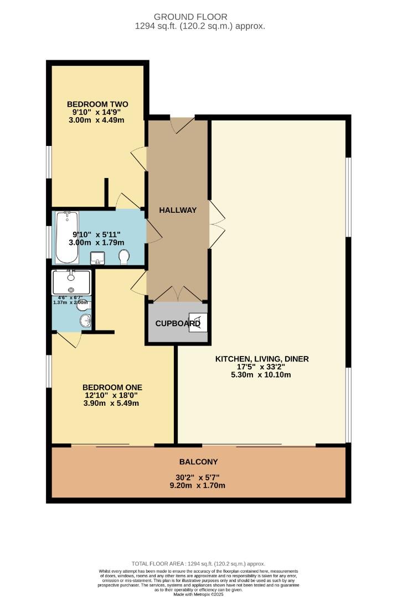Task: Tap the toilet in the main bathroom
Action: click(125, 256)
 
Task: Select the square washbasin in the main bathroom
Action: click(98, 258)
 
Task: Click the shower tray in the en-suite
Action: click(71, 282)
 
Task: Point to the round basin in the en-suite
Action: click(85, 321)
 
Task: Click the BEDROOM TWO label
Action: click(97, 104)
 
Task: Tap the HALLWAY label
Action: click(178, 210)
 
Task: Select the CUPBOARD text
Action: click(177, 323)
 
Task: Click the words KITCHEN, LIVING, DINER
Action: click(262, 359)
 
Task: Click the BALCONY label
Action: click(198, 462)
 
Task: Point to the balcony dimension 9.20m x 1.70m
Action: click(198, 486)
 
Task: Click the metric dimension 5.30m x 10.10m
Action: click(262, 375)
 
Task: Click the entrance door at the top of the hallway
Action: click(182, 125)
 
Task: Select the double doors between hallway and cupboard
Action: click(177, 294)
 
